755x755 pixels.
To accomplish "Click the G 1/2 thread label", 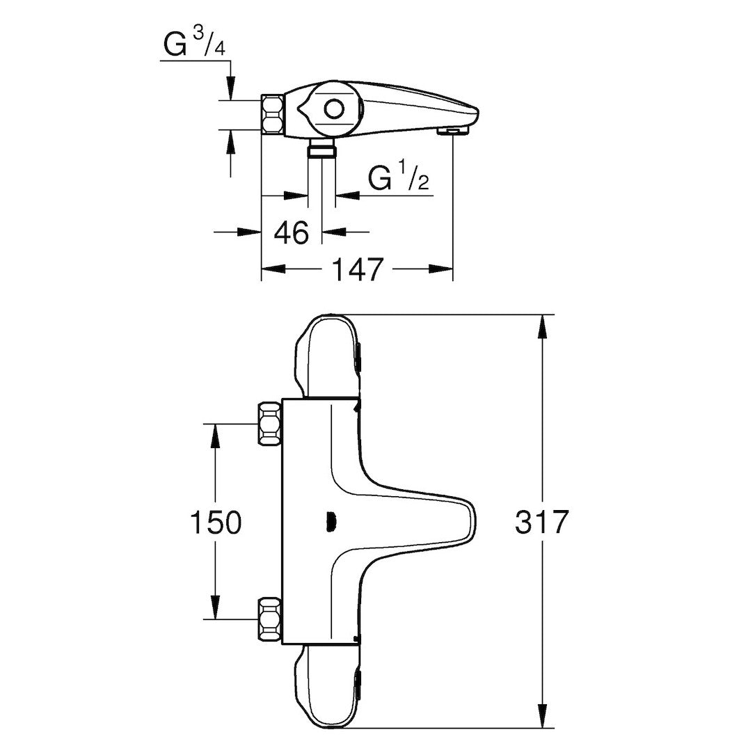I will tap(398, 180).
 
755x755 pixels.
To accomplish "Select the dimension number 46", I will tap(291, 233).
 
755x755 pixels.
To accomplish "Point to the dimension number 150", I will tap(215, 522).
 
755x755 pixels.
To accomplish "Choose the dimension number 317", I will tap(542, 522).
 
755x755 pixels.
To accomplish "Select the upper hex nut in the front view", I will tap(269, 423).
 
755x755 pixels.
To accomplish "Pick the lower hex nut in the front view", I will tap(269, 618).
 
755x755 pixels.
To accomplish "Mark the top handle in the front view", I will tap(327, 355).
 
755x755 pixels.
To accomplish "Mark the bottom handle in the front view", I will tap(327, 689).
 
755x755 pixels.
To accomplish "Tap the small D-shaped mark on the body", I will tap(332, 521).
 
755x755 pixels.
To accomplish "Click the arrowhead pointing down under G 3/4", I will tap(230, 91).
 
